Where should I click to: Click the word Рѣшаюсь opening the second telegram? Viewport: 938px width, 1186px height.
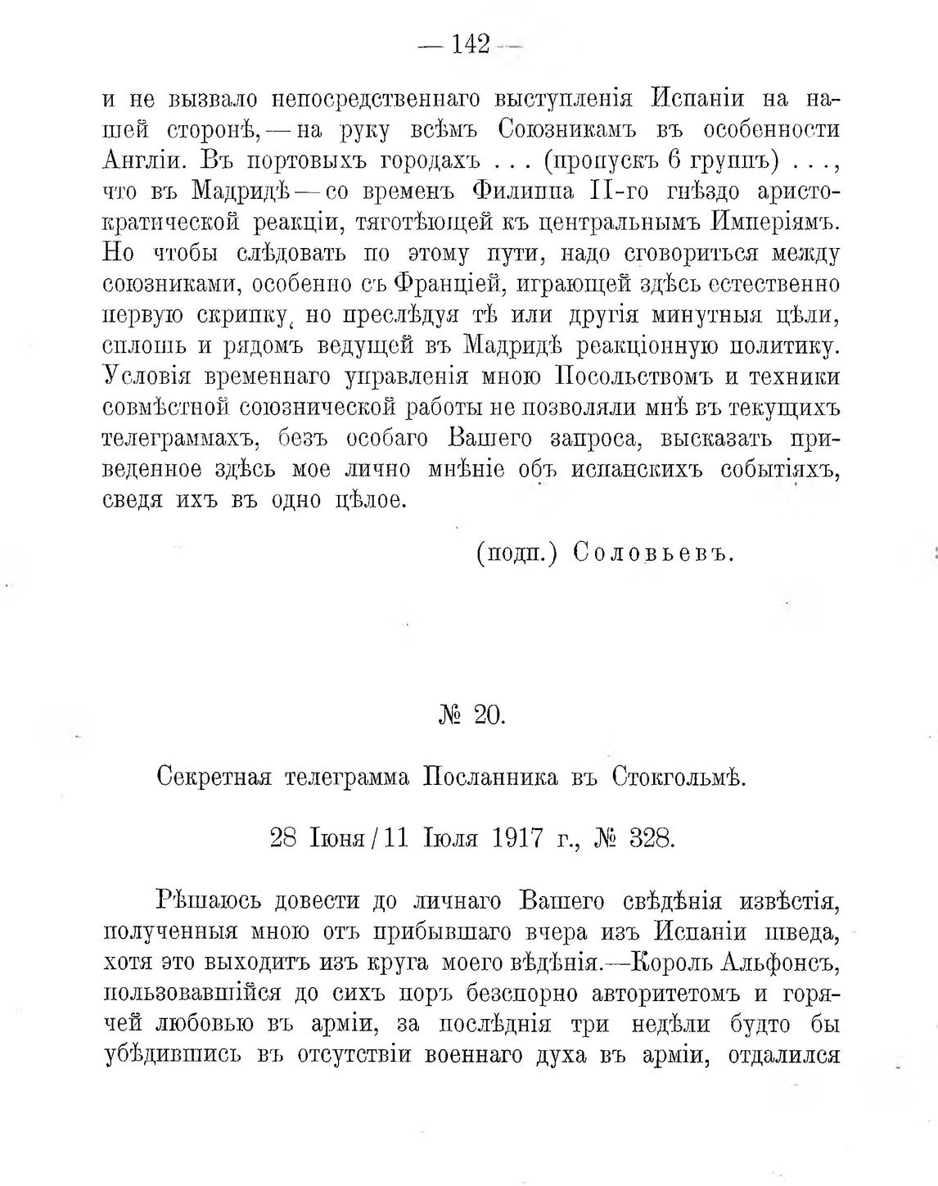click(207, 901)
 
